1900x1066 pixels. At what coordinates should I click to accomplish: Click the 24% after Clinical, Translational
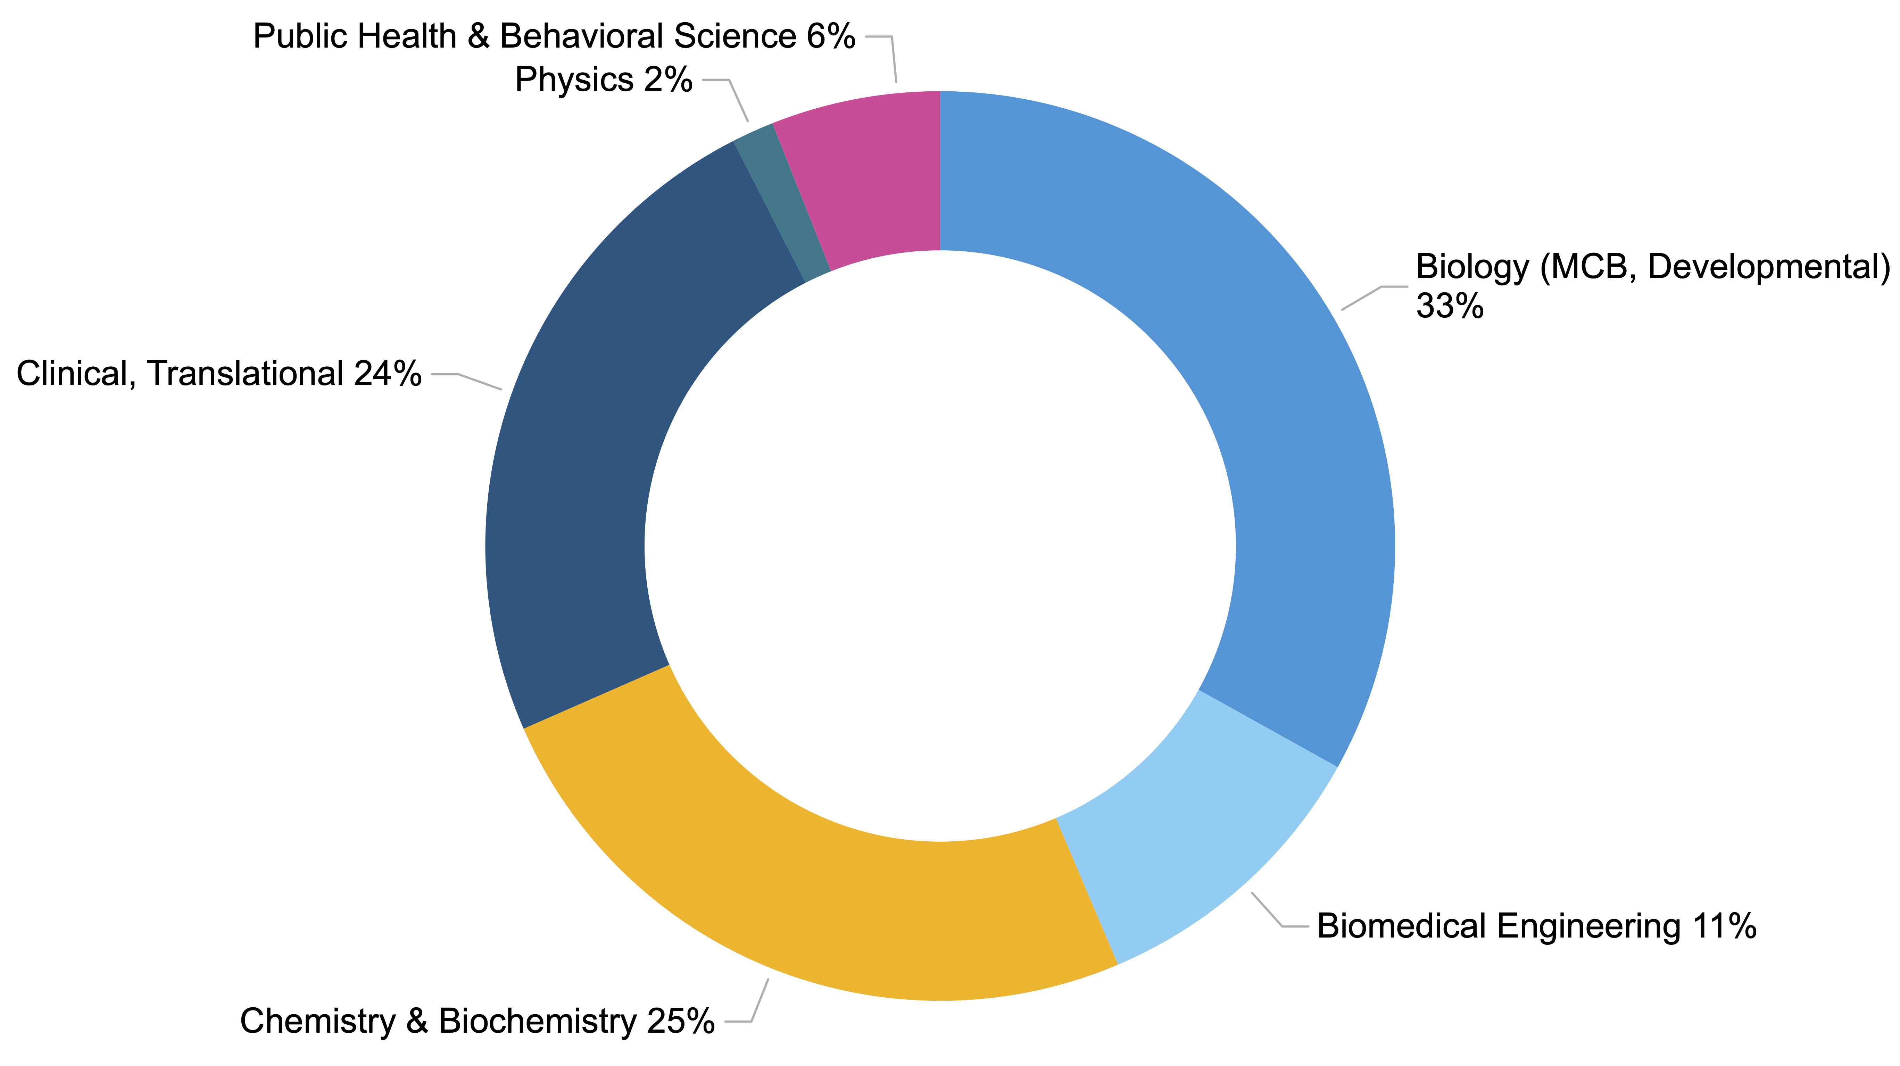point(387,374)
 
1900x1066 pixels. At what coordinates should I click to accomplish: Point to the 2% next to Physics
point(667,80)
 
